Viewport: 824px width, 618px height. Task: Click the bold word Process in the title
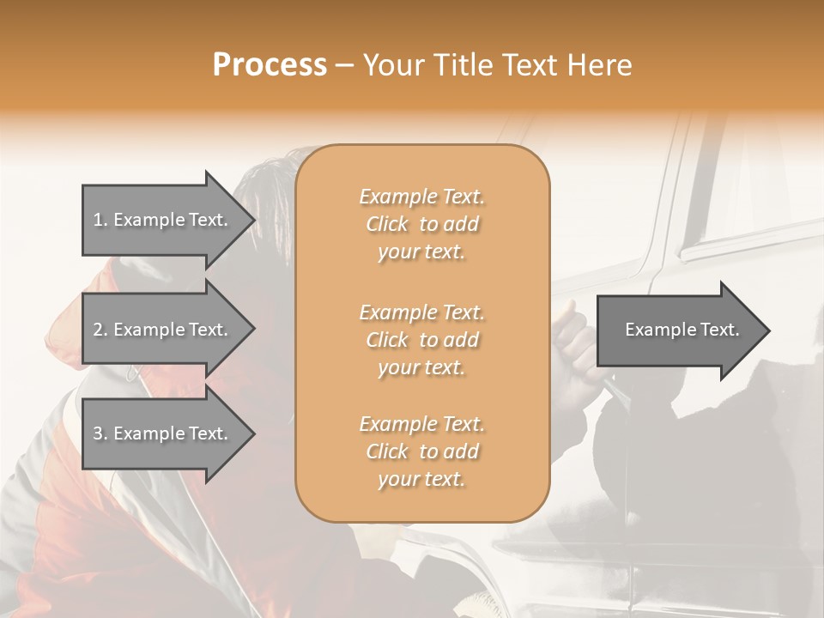tap(270, 65)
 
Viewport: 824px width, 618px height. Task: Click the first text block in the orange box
tap(421, 224)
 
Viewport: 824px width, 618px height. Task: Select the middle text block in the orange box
tap(421, 339)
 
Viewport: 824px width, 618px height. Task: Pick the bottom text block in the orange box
tap(421, 451)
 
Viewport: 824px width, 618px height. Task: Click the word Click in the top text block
tap(387, 224)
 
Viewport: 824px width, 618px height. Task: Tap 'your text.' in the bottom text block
tap(421, 479)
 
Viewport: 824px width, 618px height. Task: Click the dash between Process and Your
tap(344, 65)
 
